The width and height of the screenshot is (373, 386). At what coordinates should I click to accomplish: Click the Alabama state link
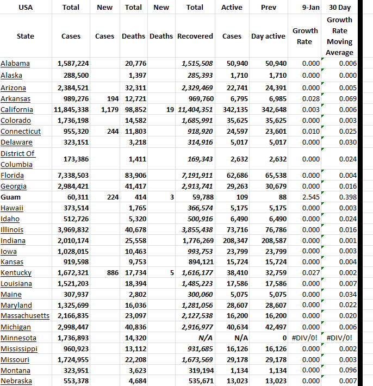pos(15,64)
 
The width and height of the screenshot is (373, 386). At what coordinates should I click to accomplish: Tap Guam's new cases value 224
pos(113,197)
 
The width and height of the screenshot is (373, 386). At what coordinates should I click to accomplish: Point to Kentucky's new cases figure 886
pos(113,273)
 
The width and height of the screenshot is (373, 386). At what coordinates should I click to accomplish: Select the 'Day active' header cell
pos(268,36)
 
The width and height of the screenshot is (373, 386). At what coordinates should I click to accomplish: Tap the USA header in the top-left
pos(25,8)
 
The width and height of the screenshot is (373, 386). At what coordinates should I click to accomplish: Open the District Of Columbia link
pos(18,159)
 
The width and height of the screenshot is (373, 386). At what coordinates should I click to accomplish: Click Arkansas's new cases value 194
pos(113,99)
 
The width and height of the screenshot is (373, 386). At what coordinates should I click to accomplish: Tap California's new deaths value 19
pos(169,110)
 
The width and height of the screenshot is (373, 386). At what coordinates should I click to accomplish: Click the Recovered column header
pos(195,36)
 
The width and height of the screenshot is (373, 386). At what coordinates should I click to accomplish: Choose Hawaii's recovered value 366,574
pos(197,208)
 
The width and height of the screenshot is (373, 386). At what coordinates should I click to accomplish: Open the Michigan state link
pos(16,327)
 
